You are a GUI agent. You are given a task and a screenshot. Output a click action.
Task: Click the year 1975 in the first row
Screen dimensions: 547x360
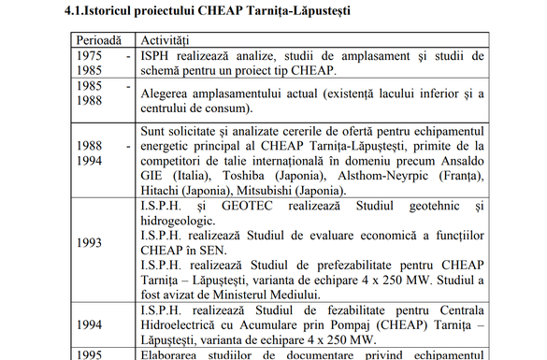[93, 56]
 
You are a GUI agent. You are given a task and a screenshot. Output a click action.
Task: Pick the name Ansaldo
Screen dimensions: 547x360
[455, 160]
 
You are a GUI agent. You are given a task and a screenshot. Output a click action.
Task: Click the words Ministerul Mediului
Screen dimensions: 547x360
[261, 295]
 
